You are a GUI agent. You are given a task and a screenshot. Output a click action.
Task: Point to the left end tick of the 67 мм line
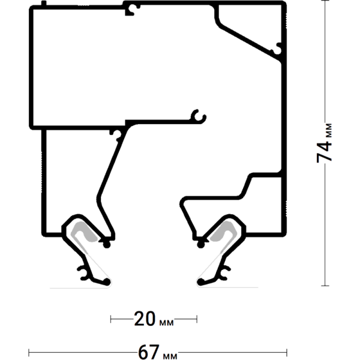pyautogui.click(x=29, y=351)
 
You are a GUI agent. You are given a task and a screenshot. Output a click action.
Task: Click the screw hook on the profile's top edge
pyautogui.click(x=133, y=9)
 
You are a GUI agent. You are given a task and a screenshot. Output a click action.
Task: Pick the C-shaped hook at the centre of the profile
pyautogui.click(x=199, y=115)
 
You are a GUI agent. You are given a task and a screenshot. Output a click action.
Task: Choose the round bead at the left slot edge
pyautogui.click(x=107, y=244)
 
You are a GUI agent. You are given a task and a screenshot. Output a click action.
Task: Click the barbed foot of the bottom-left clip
pyautogui.click(x=85, y=273)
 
